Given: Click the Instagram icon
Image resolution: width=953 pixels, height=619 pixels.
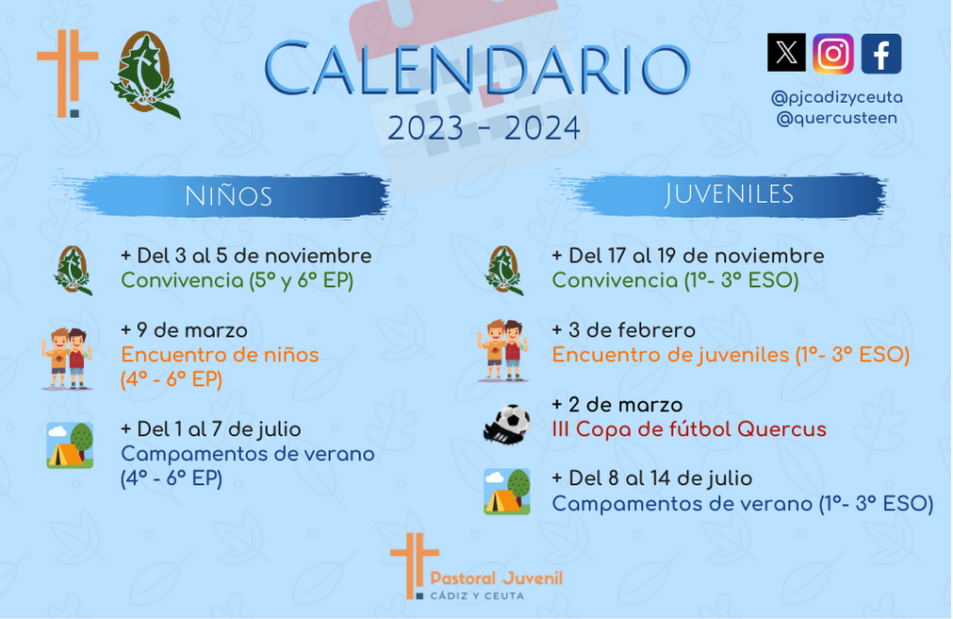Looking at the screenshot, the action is [x=832, y=54].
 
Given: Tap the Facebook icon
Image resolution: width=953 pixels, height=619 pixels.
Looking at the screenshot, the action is [x=881, y=54].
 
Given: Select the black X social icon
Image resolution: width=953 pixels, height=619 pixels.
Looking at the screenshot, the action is [x=786, y=52].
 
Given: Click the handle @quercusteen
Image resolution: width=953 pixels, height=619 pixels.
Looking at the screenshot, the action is [x=836, y=118].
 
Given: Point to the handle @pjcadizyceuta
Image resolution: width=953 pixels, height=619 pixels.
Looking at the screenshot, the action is [x=836, y=97].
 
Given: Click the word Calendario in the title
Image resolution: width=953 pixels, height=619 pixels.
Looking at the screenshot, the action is [x=477, y=69].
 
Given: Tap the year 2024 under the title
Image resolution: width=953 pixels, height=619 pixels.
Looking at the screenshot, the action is [x=542, y=128].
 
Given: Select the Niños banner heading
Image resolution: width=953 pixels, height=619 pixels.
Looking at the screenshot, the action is [x=228, y=196].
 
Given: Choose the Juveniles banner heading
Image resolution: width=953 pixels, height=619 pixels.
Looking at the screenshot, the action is [x=729, y=194].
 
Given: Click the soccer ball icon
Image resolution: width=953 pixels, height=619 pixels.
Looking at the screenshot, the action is [x=507, y=425].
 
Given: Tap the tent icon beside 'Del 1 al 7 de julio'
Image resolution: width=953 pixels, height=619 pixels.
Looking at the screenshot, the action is [x=70, y=445].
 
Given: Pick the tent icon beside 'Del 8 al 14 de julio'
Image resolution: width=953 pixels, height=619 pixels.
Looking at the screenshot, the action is [x=507, y=492].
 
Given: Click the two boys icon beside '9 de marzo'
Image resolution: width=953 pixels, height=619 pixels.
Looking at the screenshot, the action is [x=67, y=359].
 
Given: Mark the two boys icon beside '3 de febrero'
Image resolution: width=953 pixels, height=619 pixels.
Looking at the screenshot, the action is [x=503, y=351].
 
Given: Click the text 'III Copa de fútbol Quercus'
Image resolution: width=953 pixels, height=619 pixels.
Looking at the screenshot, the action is [x=689, y=429].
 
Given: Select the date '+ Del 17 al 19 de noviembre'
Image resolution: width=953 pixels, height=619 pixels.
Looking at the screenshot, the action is [x=687, y=256].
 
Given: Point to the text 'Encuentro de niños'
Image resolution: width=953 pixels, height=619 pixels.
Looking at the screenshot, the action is [x=220, y=354].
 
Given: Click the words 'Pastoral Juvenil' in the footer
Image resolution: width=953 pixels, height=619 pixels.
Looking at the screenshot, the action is [x=497, y=578].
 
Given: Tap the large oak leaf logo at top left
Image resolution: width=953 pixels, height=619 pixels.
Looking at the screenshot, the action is [x=146, y=74].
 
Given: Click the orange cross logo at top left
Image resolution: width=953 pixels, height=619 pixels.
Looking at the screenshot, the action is [x=68, y=73].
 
